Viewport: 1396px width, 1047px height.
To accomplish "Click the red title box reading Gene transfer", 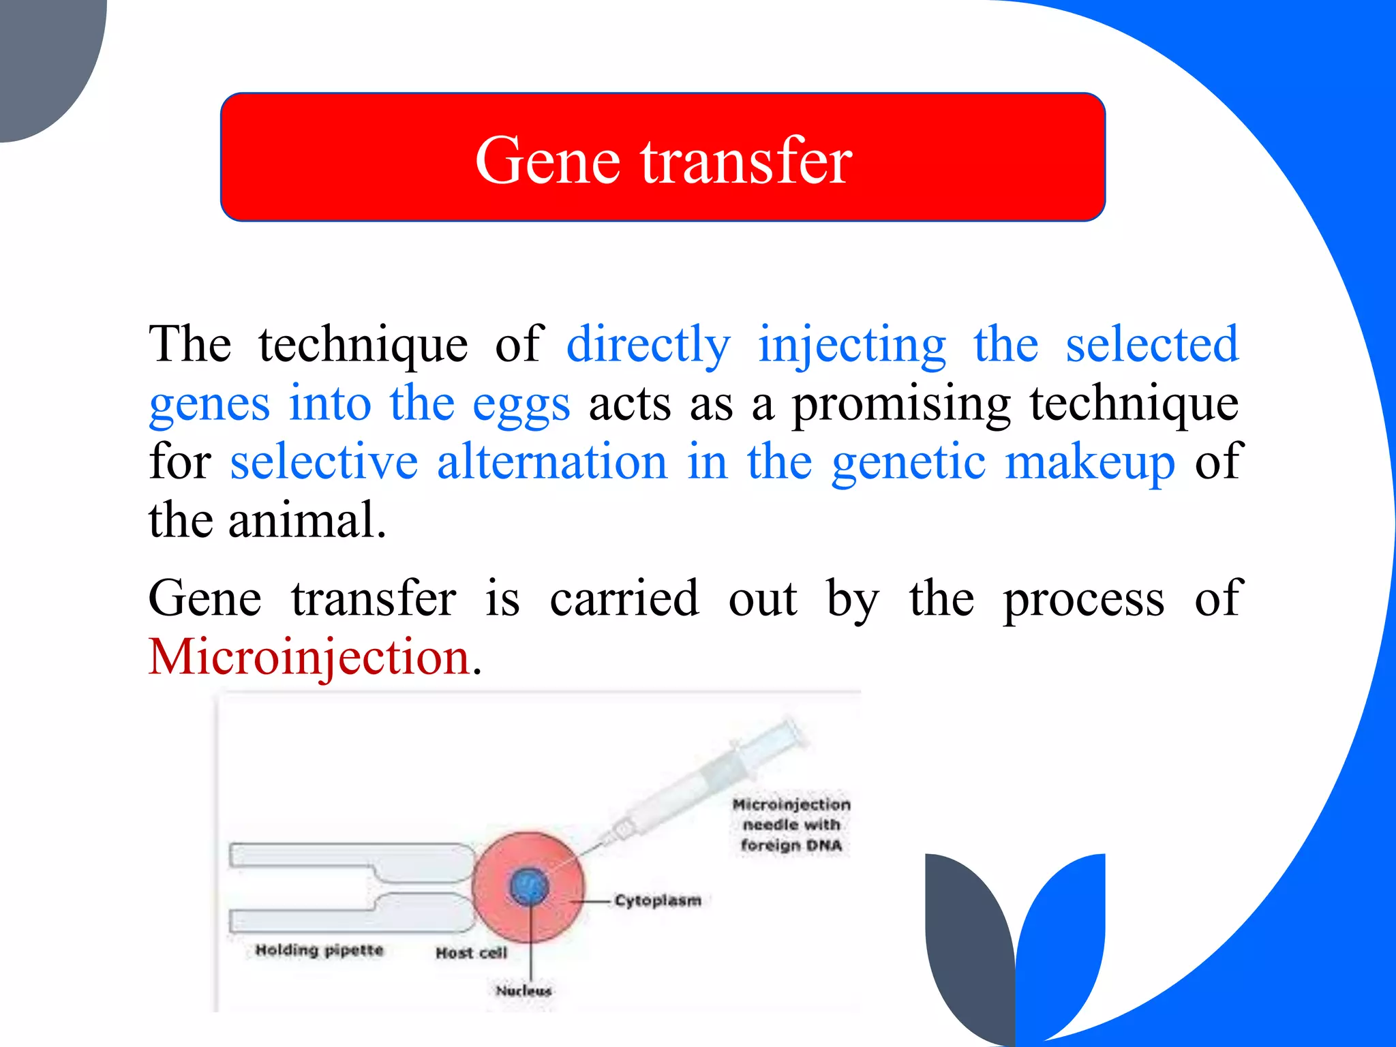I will [x=663, y=157].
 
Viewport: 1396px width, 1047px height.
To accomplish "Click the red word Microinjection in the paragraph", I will [x=310, y=657].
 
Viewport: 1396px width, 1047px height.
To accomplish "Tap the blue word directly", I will [x=648, y=344].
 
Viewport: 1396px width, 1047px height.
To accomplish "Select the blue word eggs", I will [x=521, y=405].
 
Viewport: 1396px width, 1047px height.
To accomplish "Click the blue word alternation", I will [x=552, y=462].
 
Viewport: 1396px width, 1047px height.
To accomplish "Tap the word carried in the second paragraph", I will [x=624, y=598].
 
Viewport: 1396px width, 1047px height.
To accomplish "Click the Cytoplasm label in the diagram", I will [x=658, y=900].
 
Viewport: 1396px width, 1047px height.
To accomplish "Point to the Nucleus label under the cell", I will [x=523, y=990].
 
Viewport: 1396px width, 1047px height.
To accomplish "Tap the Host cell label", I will [x=472, y=953].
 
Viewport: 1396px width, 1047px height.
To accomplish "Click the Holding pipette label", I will [x=319, y=950].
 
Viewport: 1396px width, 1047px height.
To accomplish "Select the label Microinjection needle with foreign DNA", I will [x=791, y=825].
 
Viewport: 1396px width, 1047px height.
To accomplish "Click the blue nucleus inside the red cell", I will [x=529, y=886].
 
